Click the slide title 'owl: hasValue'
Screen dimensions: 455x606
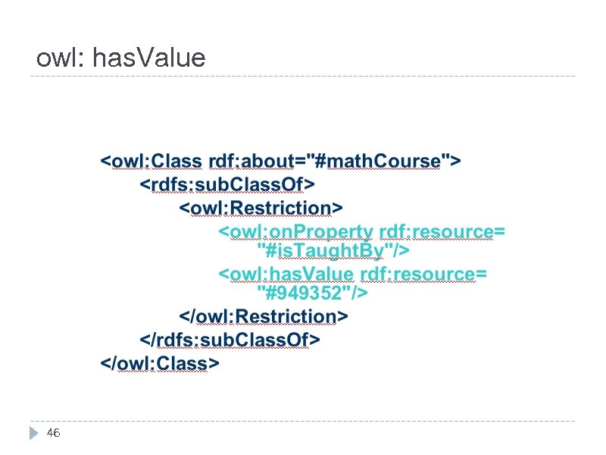pos(120,58)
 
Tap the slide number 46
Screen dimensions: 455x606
pos(53,433)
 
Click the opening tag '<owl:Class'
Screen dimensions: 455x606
pos(151,162)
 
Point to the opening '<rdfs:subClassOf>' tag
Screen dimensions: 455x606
pos(227,184)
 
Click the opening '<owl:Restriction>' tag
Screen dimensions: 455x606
pos(261,208)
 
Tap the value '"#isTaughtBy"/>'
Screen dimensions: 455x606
pos(333,249)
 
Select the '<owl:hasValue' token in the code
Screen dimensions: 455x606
pos(286,274)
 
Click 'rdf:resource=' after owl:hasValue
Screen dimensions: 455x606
pos(423,274)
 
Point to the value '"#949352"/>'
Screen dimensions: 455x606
pos(312,292)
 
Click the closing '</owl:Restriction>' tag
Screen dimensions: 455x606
pos(263,315)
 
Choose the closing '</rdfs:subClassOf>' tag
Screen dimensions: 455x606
pos(230,339)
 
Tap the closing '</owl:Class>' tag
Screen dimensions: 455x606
pos(160,363)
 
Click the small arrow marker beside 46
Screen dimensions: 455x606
pos(33,434)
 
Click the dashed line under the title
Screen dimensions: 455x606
pos(303,76)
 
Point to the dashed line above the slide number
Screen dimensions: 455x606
pos(303,421)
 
